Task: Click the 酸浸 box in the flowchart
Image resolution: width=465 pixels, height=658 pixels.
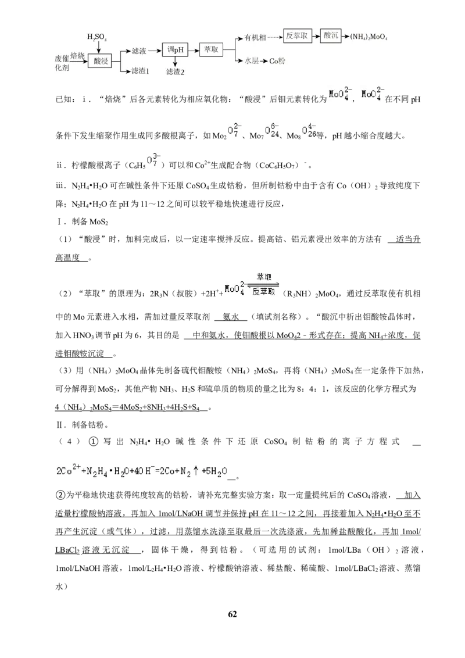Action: (101, 61)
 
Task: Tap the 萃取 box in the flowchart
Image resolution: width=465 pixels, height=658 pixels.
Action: (211, 49)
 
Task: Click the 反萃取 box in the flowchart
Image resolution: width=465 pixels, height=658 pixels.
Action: (296, 36)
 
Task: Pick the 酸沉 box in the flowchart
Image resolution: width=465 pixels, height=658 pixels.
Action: (331, 35)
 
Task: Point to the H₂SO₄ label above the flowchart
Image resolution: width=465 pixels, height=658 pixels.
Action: (97, 37)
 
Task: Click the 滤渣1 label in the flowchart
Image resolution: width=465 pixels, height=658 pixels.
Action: (141, 71)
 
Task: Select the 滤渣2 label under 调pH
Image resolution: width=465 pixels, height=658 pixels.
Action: (176, 71)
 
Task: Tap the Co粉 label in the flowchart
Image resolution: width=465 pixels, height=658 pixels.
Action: (277, 61)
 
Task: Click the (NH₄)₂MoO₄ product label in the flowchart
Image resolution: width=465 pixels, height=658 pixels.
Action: (369, 37)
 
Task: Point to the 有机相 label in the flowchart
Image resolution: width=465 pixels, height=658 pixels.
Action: (255, 38)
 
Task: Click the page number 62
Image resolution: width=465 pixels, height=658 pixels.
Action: (233, 614)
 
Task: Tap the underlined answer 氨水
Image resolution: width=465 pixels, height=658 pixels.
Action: (230, 317)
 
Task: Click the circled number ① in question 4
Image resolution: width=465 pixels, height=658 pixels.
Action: (93, 441)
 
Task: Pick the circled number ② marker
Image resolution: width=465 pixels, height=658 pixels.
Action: (60, 495)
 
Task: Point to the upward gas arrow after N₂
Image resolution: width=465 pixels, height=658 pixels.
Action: (195, 471)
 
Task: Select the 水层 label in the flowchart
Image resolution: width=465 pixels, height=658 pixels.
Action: (252, 61)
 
